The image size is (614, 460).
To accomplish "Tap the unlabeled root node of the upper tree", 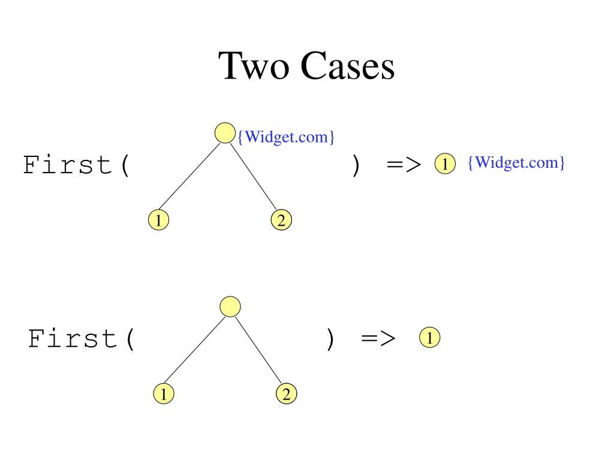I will [x=224, y=133].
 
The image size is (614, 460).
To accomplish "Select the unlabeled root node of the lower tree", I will [x=230, y=307].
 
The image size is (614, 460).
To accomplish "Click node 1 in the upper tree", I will [x=158, y=220].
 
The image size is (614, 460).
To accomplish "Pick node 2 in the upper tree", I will [x=281, y=220].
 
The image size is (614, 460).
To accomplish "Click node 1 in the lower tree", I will [x=163, y=394].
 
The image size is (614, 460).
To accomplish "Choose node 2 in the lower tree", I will [x=286, y=394].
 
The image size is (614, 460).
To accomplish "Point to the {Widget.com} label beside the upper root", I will [x=286, y=137].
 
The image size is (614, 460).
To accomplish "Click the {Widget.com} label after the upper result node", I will [x=516, y=162].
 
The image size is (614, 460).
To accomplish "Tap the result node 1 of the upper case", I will [x=444, y=163].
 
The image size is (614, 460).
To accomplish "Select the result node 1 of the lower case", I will [x=429, y=337].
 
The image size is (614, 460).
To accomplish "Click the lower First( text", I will [x=82, y=339].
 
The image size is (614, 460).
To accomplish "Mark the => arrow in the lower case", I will [x=378, y=339].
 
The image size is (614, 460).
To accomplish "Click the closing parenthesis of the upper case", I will [x=356, y=165].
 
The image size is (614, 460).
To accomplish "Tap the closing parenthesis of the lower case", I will [x=330, y=340].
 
